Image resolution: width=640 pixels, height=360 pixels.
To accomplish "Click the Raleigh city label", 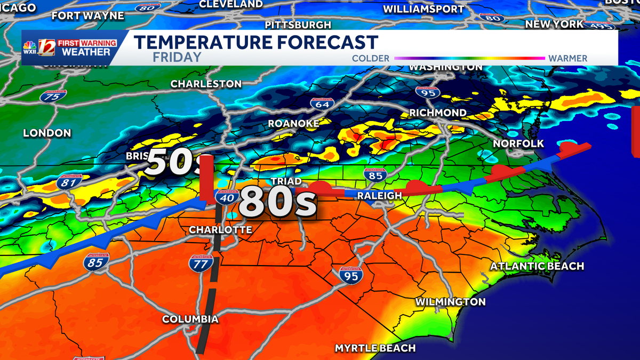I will coord(379,196).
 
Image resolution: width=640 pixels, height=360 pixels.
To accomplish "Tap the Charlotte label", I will coord(220,230).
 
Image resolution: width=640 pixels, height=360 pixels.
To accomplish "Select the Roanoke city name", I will coord(293,123).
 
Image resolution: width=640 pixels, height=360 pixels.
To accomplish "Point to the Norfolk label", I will coord(518,143).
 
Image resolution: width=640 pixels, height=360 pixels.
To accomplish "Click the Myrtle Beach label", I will coord(375,348).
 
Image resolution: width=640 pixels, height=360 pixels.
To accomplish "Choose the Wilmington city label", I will coord(450,302).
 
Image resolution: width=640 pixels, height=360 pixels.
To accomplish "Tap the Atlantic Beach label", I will coord(537,266).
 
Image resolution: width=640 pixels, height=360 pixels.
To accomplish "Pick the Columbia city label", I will coord(190,319).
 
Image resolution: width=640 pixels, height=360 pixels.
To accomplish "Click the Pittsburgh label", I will coord(298,25).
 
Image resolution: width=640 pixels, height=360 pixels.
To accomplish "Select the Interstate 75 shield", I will coord(53,97).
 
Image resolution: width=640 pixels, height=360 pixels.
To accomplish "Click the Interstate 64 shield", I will coord(322,105).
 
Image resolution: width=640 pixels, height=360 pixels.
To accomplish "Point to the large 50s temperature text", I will coord(173,162).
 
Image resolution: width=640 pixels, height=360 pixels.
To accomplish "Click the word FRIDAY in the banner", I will coord(177,57).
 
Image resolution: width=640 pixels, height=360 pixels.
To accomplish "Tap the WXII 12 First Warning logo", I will coord(67,47).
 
